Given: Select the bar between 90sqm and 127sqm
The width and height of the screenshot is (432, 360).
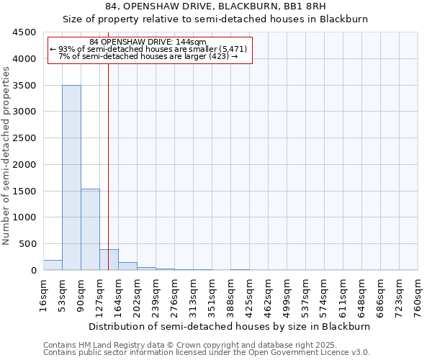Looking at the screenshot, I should pos(90,229).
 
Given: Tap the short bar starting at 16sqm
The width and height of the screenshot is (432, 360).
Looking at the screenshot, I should pos(53,265).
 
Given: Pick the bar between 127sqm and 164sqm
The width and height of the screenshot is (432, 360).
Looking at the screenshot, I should pos(109,260).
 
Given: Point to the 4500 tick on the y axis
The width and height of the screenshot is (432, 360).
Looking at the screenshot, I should pos(24,32).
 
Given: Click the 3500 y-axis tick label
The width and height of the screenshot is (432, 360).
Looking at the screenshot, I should pos(24,86).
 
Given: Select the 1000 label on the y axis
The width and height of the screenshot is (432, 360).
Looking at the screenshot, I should pos(24,217).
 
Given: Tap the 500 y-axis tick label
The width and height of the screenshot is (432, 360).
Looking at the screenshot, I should pos(27,244).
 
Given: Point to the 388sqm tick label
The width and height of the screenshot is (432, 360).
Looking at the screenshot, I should pos(230,295).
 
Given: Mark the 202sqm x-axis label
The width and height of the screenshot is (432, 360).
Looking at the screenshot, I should pos(137,295).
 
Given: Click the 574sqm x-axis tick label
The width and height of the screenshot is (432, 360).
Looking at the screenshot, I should pos(324,295).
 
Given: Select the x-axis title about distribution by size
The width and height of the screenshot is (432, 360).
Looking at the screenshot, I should pos(230,326).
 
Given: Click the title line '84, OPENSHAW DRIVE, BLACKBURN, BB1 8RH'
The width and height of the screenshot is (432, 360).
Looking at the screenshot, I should pos(215,6).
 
